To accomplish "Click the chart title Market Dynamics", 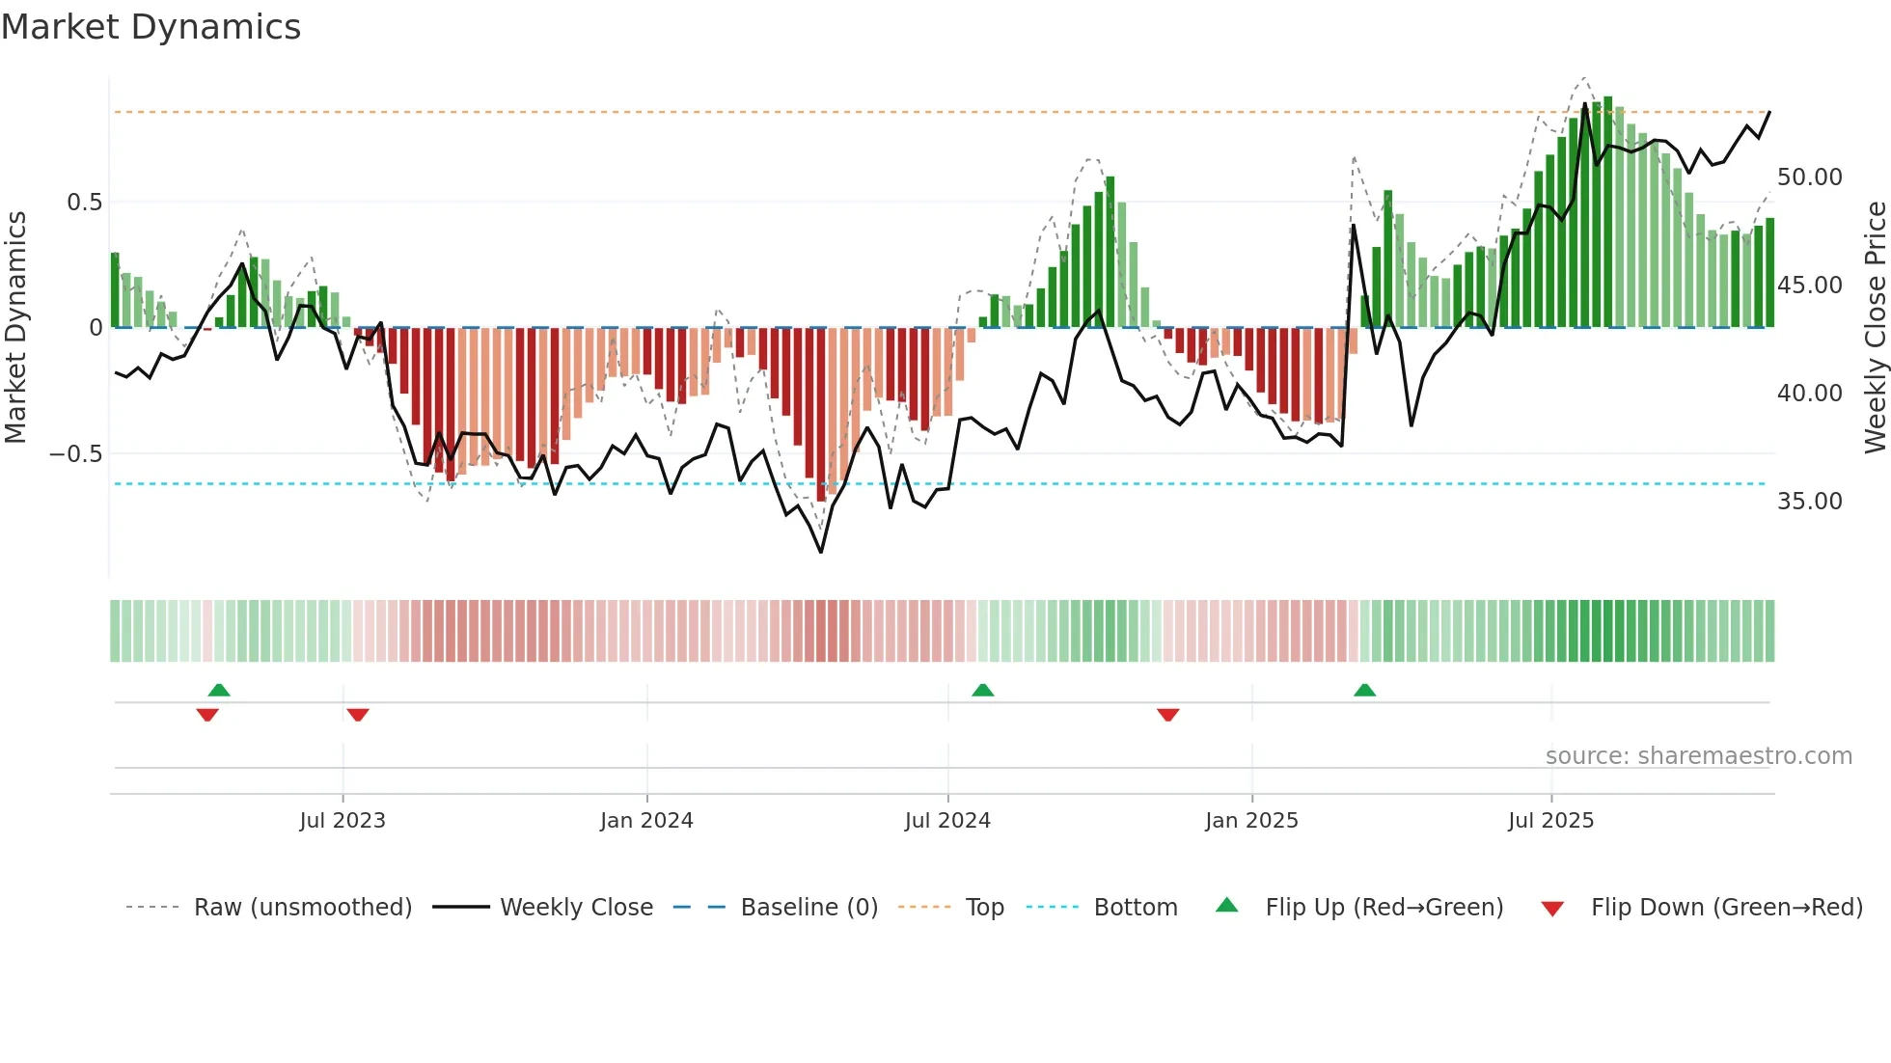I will (x=151, y=27).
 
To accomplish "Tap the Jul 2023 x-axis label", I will (x=343, y=821).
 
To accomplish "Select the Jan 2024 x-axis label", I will (x=646, y=821).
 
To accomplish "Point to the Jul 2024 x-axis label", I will (x=947, y=821).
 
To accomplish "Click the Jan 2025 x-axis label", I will (x=1251, y=821).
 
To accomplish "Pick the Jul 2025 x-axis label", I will (x=1550, y=821).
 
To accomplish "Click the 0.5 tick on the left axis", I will (x=84, y=203).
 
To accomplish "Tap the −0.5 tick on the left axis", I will (x=76, y=454).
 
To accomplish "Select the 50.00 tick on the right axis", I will (x=1809, y=177).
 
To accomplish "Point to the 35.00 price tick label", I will (x=1809, y=502).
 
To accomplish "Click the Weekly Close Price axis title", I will (x=1875, y=328).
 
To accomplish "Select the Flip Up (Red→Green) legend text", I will (x=1384, y=908).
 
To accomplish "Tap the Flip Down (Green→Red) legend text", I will (x=1726, y=908).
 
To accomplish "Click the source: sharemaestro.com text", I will (x=1698, y=756).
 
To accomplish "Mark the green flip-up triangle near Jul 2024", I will (x=982, y=691).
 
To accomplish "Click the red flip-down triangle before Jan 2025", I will (x=1167, y=715).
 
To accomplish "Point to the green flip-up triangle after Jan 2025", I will (x=1364, y=691).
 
